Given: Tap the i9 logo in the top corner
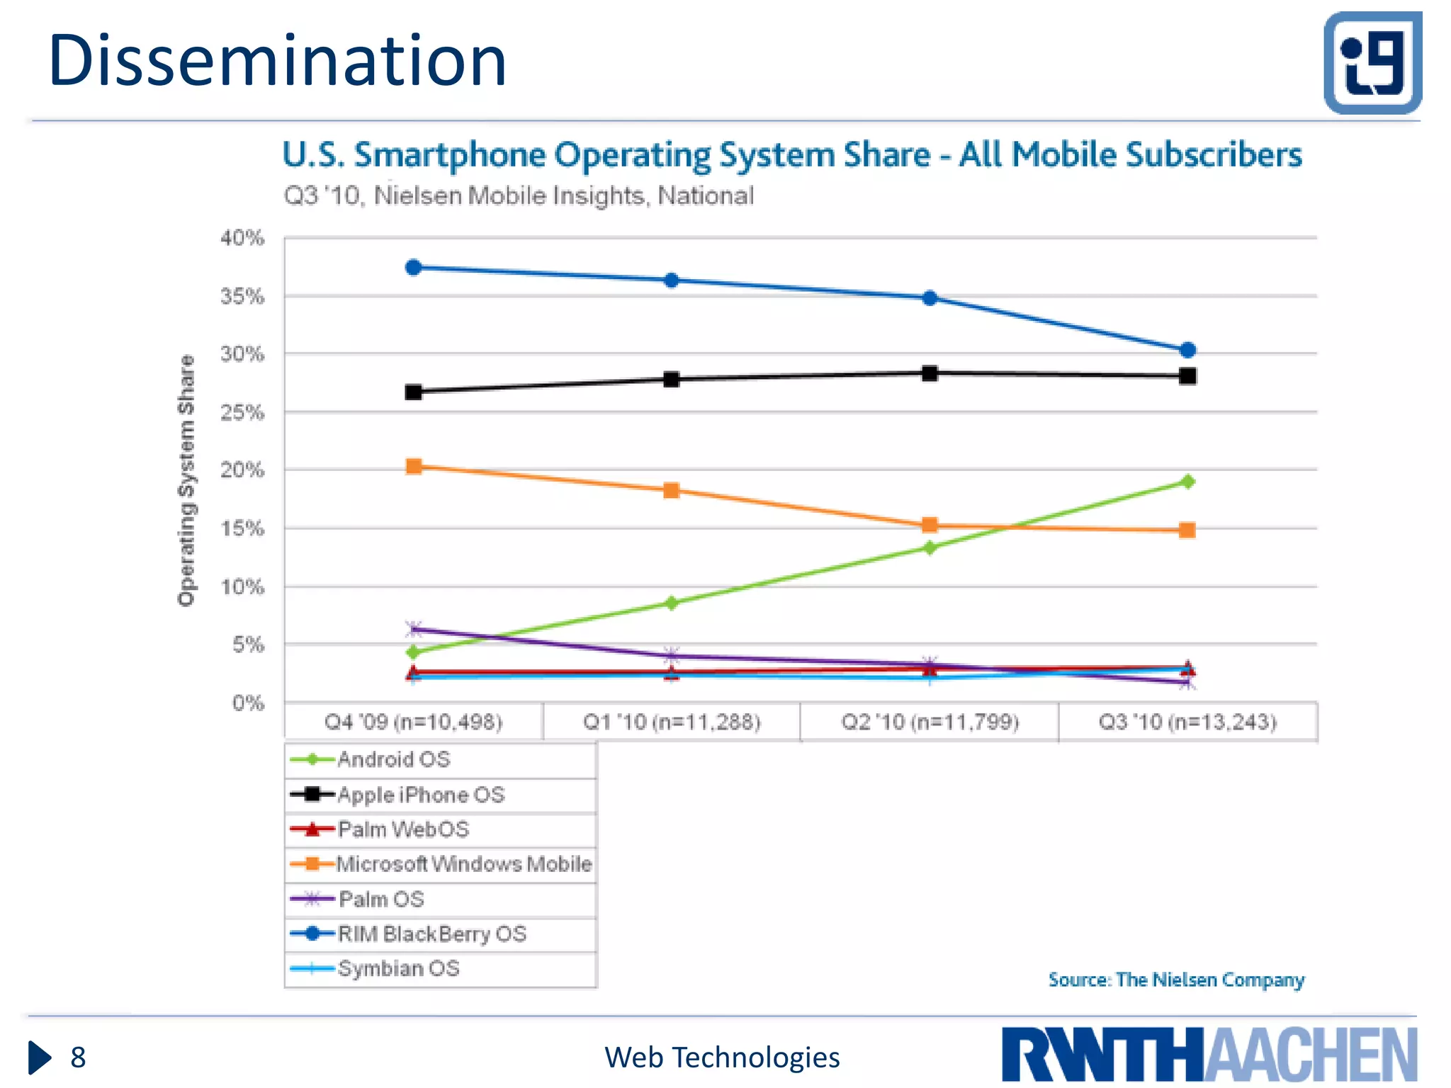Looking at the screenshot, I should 1372,62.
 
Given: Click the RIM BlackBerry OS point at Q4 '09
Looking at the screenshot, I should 414,268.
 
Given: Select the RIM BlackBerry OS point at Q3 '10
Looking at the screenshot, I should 1187,350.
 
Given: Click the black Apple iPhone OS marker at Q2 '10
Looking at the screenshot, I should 930,373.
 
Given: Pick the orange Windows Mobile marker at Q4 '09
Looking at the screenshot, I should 414,466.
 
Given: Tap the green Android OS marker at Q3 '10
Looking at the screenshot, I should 1187,482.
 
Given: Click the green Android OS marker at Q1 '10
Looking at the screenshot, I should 672,603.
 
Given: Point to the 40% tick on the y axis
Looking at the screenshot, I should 242,238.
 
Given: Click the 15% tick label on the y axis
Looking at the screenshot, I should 242,528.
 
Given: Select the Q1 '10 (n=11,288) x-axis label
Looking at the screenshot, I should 672,722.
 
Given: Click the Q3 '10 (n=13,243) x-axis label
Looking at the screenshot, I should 1187,722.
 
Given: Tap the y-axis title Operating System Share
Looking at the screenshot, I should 186,480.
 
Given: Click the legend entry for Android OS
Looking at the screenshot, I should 393,759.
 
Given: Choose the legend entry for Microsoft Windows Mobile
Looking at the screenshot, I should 463,864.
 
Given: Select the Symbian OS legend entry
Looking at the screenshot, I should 398,968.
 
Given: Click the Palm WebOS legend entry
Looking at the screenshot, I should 402,829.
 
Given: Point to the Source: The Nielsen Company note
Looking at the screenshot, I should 1176,980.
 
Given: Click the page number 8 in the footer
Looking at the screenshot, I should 78,1058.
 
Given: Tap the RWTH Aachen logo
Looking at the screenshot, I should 1209,1055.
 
